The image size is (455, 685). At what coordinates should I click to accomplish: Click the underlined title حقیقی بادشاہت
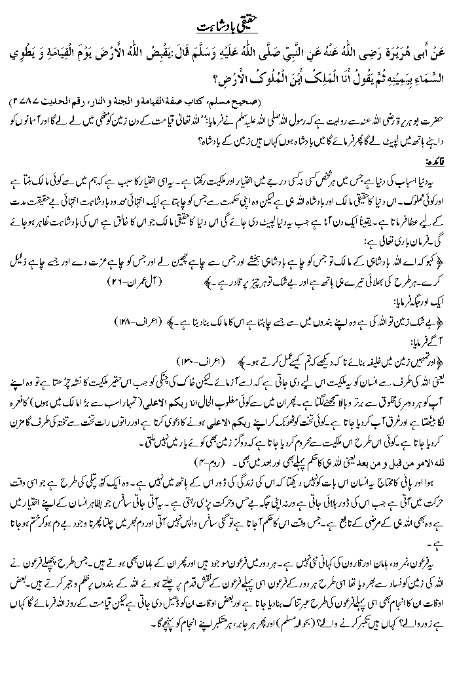point(227,26)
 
